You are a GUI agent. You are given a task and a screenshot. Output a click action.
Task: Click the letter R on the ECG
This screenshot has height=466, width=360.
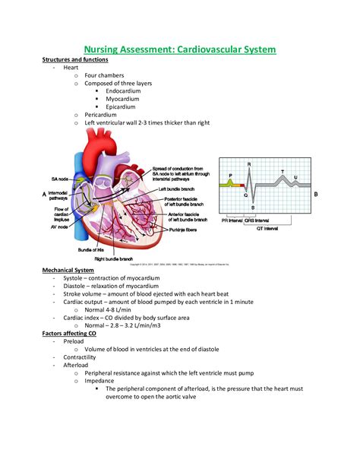tap(251, 164)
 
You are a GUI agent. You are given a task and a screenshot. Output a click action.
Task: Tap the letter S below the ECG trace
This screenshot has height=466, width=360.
tap(253, 208)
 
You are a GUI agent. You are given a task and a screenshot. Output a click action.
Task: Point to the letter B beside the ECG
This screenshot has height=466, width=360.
tap(315, 195)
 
